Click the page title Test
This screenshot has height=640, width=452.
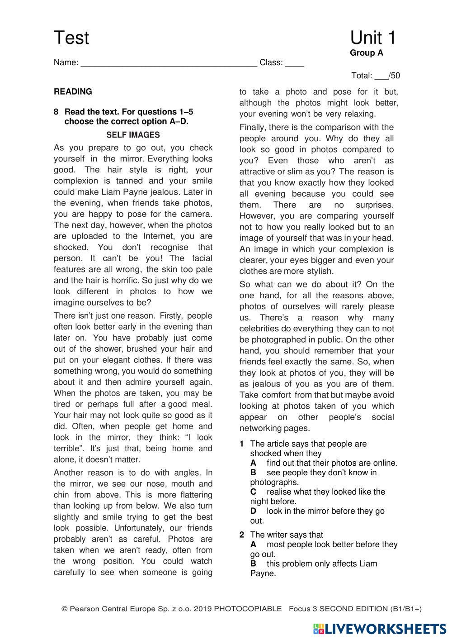point(71,38)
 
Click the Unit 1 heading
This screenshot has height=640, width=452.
point(372,38)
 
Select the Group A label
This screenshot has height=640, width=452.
point(366,53)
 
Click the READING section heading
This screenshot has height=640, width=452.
point(73,92)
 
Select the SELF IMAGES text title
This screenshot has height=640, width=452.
point(133,135)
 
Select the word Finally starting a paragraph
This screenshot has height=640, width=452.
point(254,128)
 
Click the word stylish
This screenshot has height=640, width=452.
point(320,272)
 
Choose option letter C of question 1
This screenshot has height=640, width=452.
point(253,492)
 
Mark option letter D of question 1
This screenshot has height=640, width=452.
point(253,511)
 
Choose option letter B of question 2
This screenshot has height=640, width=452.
point(253,564)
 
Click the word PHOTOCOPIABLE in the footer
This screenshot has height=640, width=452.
point(247,609)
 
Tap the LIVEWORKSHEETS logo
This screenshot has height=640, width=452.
point(379,629)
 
